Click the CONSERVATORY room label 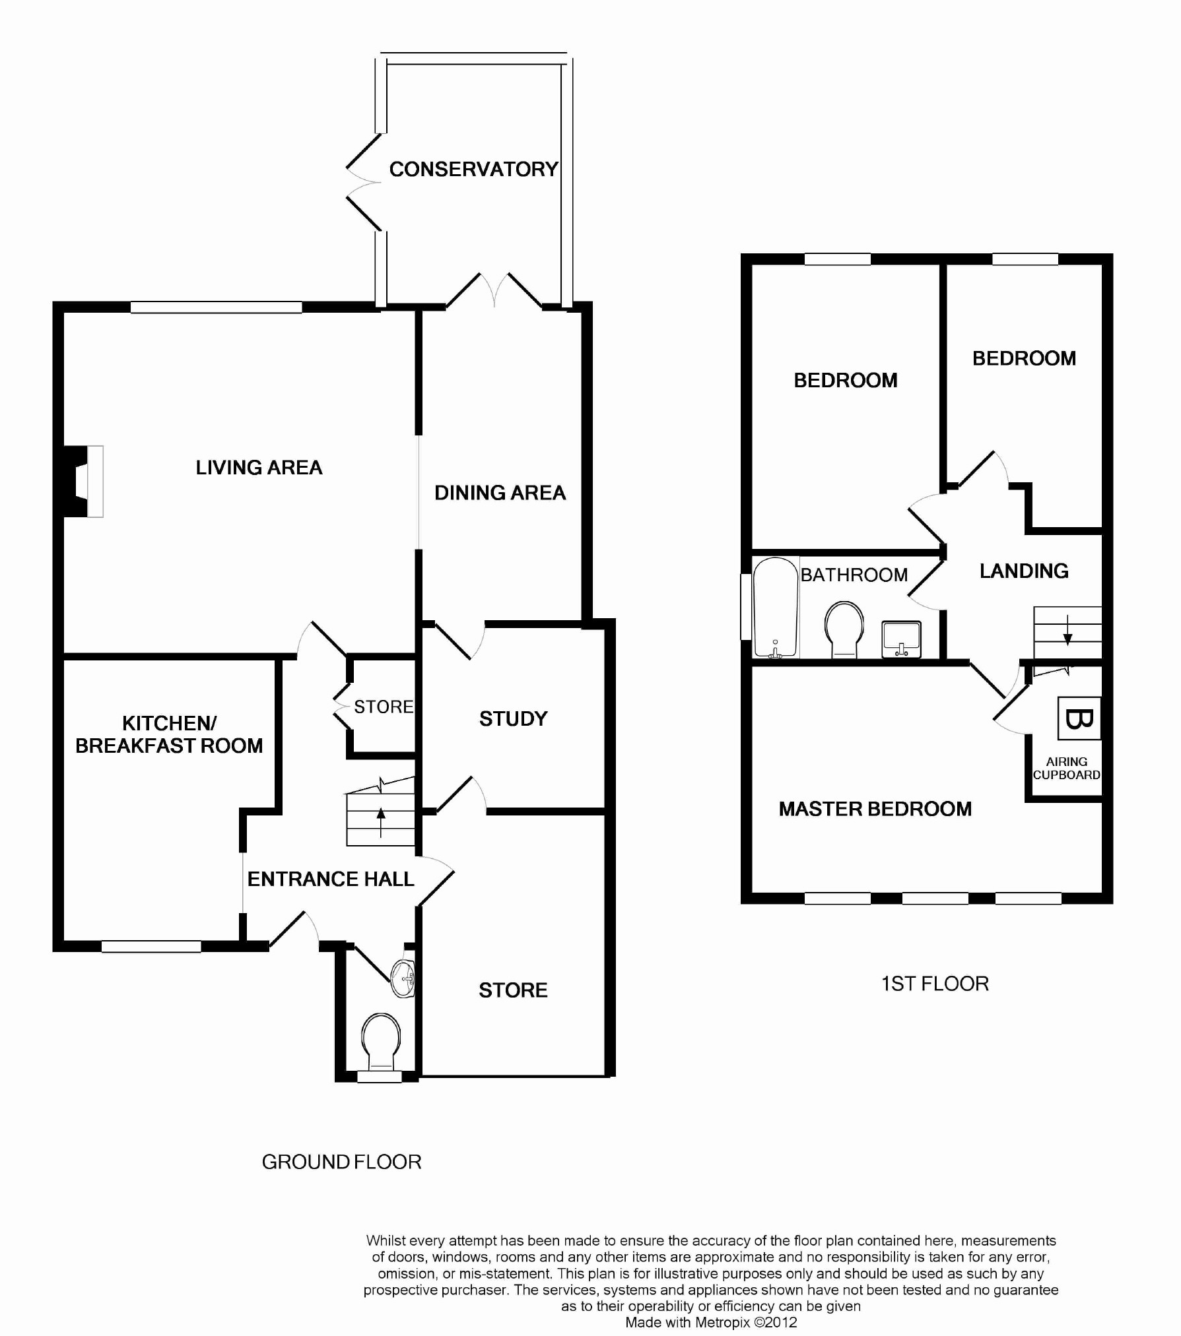tap(474, 170)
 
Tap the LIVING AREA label tap(259, 468)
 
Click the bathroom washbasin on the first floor tap(902, 639)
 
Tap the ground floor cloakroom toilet tap(381, 1042)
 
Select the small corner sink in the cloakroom tap(403, 978)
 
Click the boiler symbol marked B tap(1079, 718)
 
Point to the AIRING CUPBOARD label tap(1067, 769)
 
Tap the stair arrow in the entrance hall tap(381, 822)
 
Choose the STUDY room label tap(514, 718)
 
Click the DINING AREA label tap(500, 493)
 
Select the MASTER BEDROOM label tap(875, 809)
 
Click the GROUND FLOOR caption tap(342, 1162)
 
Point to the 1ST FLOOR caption tap(935, 984)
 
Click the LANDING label tap(1025, 571)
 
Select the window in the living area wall tap(216, 307)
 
